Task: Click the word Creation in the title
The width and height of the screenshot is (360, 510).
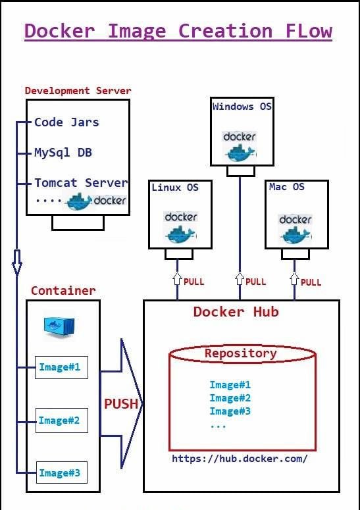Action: point(225,31)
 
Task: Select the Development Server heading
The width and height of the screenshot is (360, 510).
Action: point(78,90)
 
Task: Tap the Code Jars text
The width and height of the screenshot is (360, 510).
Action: point(66,122)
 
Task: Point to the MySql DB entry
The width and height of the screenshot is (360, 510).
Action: point(63,153)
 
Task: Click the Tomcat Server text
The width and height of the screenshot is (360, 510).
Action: point(81,183)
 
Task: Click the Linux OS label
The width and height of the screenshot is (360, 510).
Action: point(175,188)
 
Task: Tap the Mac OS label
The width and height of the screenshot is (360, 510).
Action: point(286,187)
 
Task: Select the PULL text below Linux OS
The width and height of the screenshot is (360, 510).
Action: point(194,282)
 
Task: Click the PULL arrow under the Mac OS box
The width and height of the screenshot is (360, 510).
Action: point(294,279)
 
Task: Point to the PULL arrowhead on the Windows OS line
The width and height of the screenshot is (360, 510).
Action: point(240,279)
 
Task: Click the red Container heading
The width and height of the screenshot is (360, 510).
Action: point(63,290)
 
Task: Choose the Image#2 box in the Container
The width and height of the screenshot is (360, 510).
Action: point(62,421)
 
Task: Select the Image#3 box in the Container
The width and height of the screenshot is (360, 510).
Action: point(62,472)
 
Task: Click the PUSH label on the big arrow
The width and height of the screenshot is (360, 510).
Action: point(121,403)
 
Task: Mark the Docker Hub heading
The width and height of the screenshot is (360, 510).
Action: point(236,312)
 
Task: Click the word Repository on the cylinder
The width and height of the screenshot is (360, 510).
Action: point(241,353)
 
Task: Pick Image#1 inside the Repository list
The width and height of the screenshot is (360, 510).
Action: point(230,385)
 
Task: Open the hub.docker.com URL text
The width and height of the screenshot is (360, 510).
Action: point(240,459)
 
